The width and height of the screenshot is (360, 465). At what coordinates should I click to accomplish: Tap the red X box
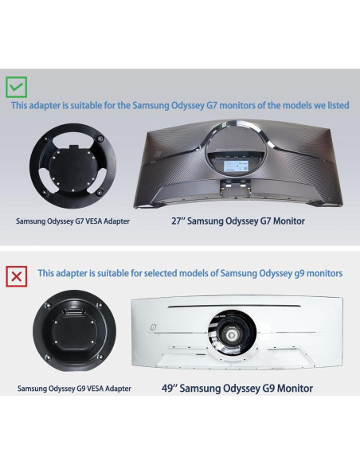click(x=17, y=275)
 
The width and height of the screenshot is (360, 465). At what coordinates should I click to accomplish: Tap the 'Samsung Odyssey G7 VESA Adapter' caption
click(x=72, y=221)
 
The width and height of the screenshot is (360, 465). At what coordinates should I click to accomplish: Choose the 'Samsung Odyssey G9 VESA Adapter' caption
click(x=75, y=389)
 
